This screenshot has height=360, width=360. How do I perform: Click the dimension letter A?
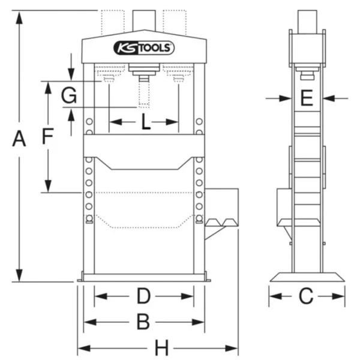click(x=19, y=139)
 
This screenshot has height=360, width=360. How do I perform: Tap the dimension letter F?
click(x=48, y=136)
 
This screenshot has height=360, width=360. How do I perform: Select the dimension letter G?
click(x=68, y=96)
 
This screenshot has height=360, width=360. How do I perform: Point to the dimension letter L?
click(x=146, y=122)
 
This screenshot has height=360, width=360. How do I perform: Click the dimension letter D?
click(x=143, y=296)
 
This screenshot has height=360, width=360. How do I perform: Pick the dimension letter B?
click(x=143, y=322)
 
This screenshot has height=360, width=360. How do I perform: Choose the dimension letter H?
click(x=162, y=348)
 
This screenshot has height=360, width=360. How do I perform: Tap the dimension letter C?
click(x=306, y=296)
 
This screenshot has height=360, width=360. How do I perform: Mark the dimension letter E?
click(x=307, y=98)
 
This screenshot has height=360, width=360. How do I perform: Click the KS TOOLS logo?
click(x=144, y=48)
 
